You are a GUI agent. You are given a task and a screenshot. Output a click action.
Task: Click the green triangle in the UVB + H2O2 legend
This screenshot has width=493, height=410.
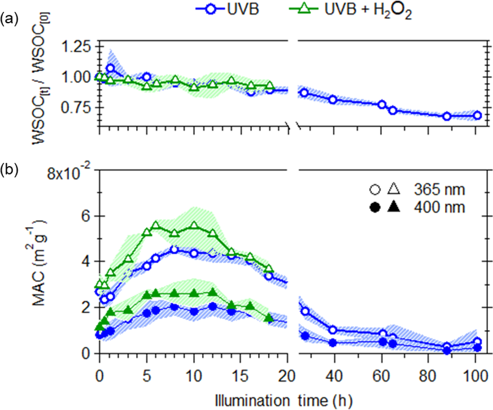pos(304,11)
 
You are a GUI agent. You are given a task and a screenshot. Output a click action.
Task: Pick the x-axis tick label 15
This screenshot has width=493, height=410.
pos(241,375)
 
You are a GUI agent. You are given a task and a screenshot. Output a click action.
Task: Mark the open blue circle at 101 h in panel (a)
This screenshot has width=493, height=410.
pos(477,115)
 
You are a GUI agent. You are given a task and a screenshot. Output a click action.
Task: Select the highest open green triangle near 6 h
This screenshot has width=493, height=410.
pos(156,225)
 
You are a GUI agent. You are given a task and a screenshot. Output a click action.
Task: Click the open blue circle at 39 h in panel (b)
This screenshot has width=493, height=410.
pos(333,330)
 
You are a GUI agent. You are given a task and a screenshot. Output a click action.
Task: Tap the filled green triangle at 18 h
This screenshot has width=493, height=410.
pos(269,319)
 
